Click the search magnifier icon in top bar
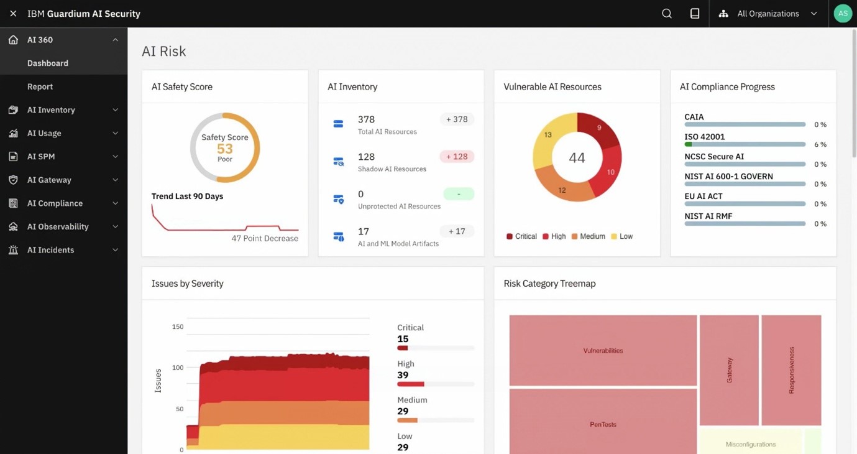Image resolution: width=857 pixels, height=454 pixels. point(667,14)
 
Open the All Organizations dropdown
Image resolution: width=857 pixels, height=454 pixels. point(769,14)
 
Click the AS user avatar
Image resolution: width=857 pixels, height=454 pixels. point(842,14)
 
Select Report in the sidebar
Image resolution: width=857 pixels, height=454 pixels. point(40,86)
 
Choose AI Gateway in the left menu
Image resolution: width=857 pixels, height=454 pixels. point(49,180)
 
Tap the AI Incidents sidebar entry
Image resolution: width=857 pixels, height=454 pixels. point(50,250)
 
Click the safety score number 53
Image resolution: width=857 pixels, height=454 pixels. point(225,149)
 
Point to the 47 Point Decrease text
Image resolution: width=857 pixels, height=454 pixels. point(265,238)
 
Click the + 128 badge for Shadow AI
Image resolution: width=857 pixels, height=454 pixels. point(457,157)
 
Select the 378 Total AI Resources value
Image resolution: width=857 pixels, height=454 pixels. point(366,119)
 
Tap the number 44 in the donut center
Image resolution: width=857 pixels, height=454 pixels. point(577,158)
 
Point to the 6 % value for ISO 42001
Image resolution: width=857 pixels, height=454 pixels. point(820,144)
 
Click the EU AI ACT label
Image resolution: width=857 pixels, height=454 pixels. point(703,196)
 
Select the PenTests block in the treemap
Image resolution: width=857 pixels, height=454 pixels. point(603,424)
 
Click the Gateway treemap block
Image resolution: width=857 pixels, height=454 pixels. point(729,369)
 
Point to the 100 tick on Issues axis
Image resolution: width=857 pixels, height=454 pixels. point(178,368)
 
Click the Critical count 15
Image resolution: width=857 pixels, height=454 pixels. point(403,339)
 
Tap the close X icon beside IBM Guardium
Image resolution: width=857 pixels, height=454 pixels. point(13,14)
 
